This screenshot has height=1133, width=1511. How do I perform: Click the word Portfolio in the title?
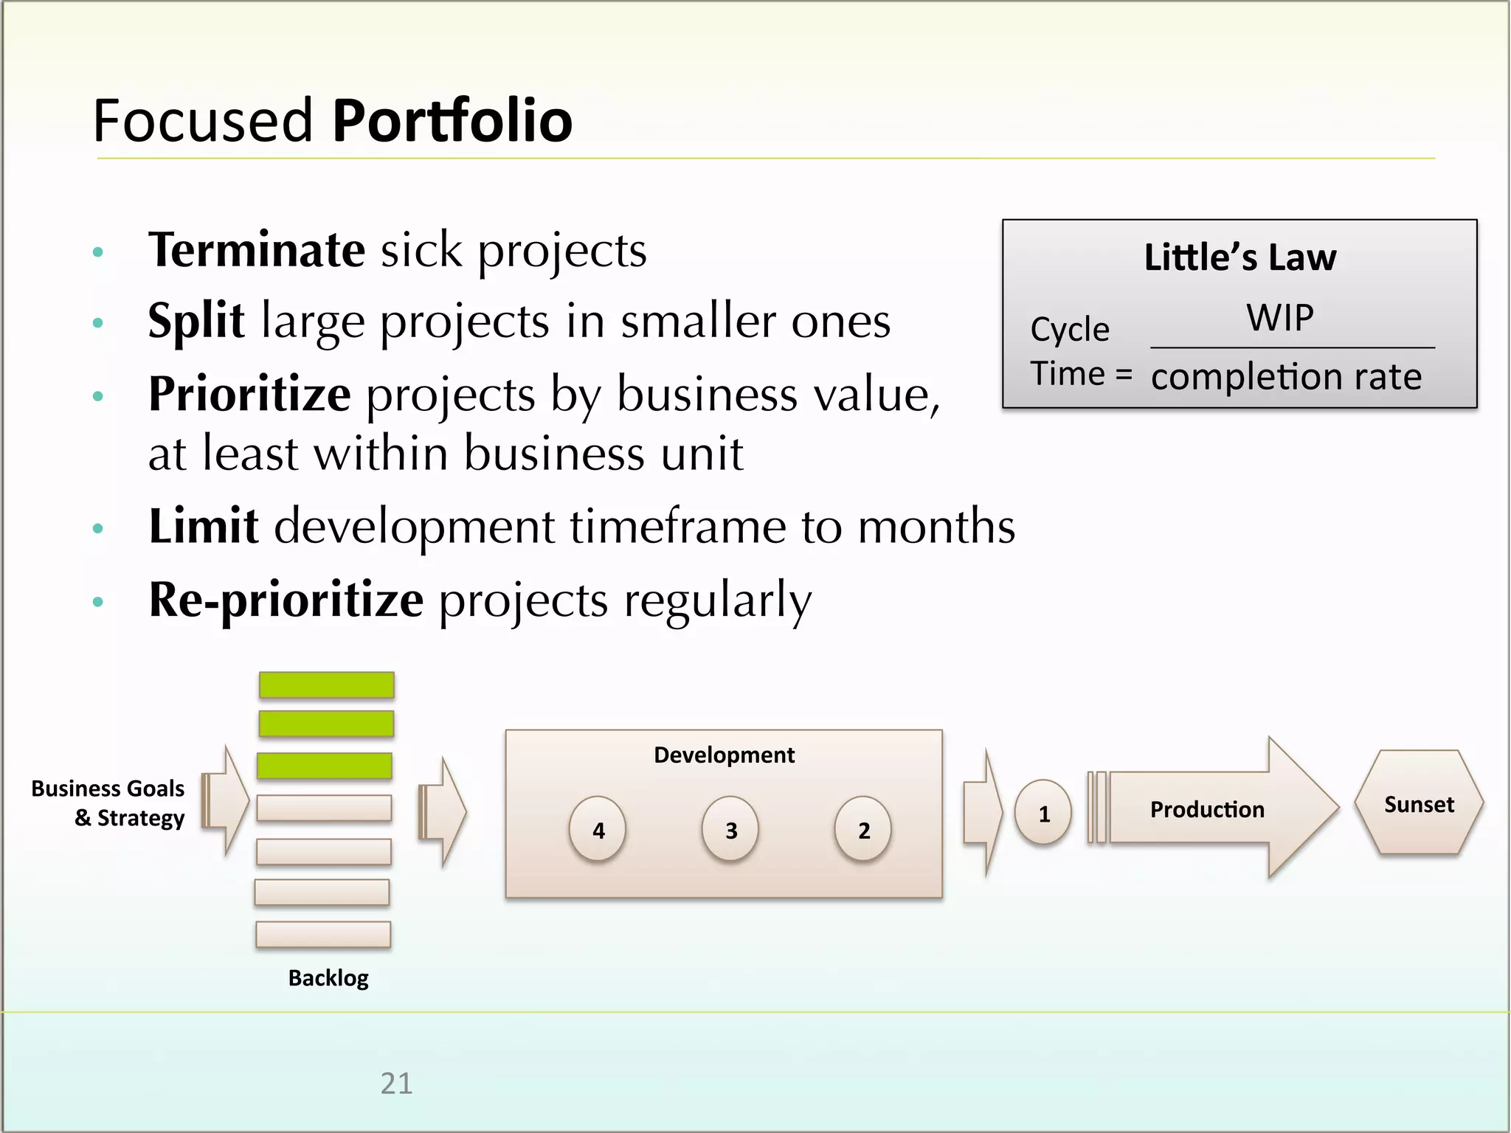(x=452, y=120)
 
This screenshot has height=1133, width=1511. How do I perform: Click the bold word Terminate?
(x=256, y=250)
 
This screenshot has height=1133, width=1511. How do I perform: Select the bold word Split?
(x=196, y=321)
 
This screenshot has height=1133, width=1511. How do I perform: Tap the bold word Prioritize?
(x=249, y=394)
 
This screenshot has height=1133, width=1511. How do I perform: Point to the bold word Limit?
(x=203, y=526)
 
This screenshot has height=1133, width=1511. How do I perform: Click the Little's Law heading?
(x=1239, y=257)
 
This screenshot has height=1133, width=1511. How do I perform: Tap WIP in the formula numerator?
(x=1279, y=318)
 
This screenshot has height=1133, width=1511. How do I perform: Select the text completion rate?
(x=1285, y=377)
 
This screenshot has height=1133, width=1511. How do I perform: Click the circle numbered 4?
(x=598, y=829)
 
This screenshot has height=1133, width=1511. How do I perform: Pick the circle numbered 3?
(x=730, y=829)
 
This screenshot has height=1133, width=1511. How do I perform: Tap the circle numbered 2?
(x=863, y=829)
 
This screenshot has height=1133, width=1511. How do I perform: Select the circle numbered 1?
(x=1043, y=813)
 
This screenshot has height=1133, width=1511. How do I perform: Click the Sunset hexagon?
(x=1418, y=804)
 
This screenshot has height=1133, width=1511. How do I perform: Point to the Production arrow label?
(x=1207, y=809)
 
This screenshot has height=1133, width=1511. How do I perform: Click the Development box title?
(x=724, y=755)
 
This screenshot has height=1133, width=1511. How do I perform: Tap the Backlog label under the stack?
(x=328, y=977)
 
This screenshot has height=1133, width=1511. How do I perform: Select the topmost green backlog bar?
(x=326, y=685)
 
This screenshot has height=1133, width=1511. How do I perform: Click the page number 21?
(x=396, y=1083)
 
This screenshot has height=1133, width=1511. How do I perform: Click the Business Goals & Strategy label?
(x=108, y=803)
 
